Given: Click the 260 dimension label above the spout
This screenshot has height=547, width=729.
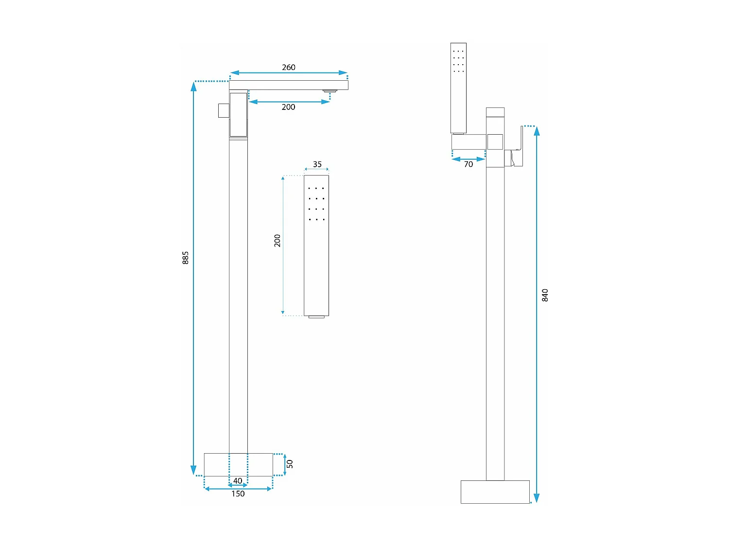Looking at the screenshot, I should click(x=288, y=67).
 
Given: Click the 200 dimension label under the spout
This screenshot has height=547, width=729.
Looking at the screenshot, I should click(x=288, y=107).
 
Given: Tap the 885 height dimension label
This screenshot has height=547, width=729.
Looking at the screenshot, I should click(x=186, y=258).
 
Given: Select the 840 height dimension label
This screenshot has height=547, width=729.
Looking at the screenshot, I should click(x=545, y=295).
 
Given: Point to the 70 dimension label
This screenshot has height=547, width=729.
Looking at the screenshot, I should click(x=468, y=164).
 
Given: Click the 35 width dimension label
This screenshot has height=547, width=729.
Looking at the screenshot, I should click(x=317, y=164).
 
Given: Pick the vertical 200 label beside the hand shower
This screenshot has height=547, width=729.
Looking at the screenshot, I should click(x=278, y=241).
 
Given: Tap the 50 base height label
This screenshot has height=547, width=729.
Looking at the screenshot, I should click(x=290, y=464).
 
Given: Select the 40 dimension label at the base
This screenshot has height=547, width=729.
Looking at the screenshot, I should click(x=238, y=481).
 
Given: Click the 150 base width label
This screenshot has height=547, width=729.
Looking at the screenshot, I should click(x=238, y=494).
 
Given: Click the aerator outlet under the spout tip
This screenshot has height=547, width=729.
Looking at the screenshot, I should click(x=330, y=91).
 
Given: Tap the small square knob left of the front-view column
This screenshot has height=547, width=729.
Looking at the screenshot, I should click(x=224, y=110).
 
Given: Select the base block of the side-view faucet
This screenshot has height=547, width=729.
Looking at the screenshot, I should click(x=495, y=492).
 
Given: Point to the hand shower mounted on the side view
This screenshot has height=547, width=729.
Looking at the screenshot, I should click(x=458, y=88).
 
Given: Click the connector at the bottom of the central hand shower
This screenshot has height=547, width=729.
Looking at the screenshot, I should click(x=316, y=317).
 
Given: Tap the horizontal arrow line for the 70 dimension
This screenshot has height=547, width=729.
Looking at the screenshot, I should click(x=469, y=159).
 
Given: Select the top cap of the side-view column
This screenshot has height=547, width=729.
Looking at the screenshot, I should click(x=495, y=112).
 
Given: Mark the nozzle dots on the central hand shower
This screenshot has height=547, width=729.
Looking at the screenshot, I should click(x=316, y=204).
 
